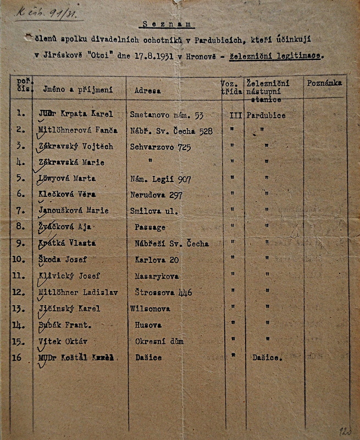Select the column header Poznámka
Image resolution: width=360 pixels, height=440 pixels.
tap(325, 83)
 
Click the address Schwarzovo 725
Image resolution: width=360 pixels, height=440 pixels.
tap(156, 146)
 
